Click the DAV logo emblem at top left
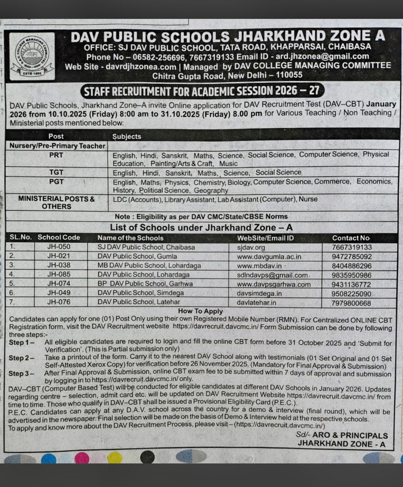(32, 56)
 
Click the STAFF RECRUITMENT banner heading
(201, 91)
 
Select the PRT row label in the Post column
(56, 155)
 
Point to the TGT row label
(56, 172)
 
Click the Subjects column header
(127, 137)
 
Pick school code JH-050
(59, 247)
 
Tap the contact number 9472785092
(351, 256)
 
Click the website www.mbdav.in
(259, 266)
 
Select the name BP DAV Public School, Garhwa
(145, 284)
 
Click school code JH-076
(59, 302)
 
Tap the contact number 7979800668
(351, 303)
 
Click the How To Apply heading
(200, 311)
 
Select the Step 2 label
(21, 358)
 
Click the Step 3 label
(21, 374)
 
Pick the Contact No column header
(350, 238)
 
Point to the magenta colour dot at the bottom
(82, 457)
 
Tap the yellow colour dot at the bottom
(115, 457)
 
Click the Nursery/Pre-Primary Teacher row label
(57, 146)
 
